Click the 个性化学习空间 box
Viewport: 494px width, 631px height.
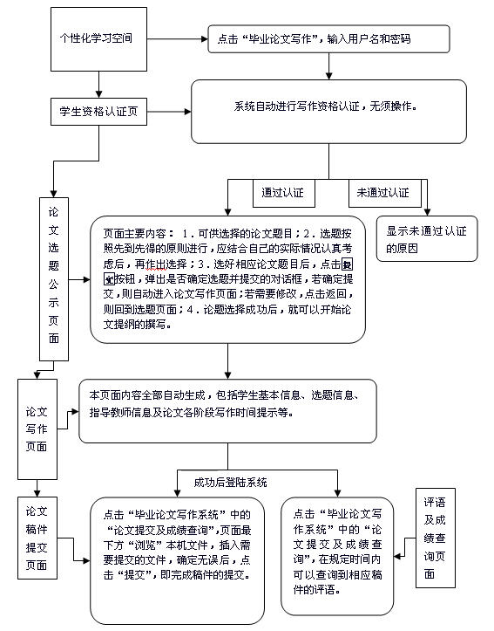(x=96, y=39)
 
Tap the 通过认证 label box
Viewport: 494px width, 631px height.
(x=283, y=192)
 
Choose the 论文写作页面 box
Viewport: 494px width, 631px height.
(x=37, y=423)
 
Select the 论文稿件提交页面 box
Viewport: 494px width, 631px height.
(x=37, y=538)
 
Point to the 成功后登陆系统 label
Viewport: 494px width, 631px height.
(x=230, y=482)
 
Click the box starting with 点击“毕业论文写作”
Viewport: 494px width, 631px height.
(x=328, y=40)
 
